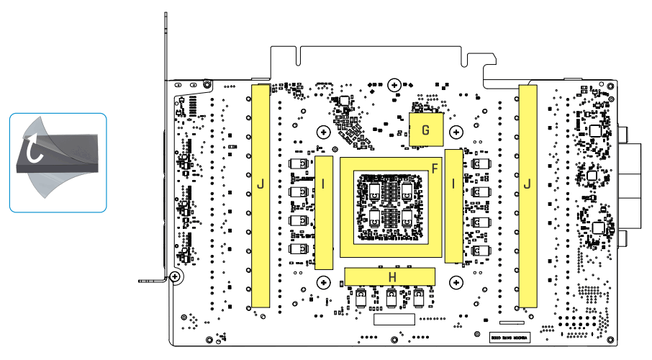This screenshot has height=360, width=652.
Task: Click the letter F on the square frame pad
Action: (x=434, y=168)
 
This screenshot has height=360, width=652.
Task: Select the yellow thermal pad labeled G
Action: (x=425, y=130)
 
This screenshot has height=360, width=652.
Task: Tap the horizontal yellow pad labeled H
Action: (x=392, y=276)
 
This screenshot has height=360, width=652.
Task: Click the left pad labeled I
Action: (x=325, y=184)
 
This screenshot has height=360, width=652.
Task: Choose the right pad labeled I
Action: (x=453, y=184)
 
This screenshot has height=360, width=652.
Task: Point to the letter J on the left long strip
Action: (x=261, y=185)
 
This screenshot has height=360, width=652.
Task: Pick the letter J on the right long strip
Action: (x=528, y=185)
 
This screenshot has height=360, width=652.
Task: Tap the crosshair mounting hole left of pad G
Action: (x=324, y=132)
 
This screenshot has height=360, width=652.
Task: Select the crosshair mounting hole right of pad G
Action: (x=456, y=132)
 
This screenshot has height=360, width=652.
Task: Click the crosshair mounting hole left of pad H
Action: (x=324, y=282)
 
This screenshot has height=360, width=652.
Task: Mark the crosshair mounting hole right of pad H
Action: (x=456, y=282)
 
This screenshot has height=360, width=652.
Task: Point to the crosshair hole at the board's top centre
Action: (x=394, y=85)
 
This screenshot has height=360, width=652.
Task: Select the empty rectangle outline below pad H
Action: (x=394, y=319)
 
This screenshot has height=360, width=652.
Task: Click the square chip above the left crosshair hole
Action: (x=343, y=102)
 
